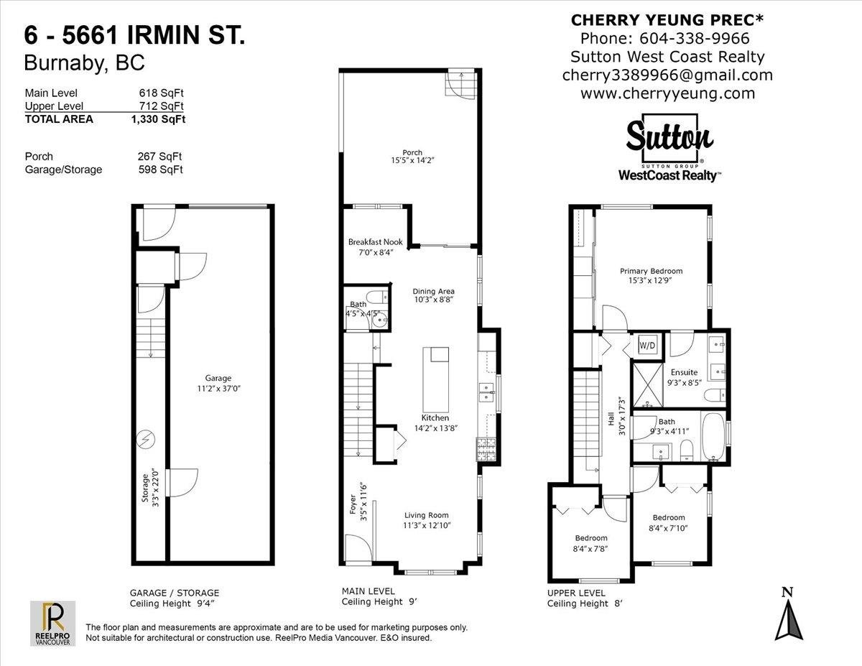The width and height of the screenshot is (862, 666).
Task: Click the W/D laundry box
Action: tap(647, 345)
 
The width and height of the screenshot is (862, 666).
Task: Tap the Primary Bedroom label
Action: tap(651, 271)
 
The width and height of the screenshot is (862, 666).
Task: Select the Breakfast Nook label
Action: tap(375, 241)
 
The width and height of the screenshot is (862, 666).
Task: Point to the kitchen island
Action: tap(435, 379)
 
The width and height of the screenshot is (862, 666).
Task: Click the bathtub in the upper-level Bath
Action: tap(713, 437)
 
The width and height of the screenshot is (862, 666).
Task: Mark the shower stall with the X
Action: tap(648, 385)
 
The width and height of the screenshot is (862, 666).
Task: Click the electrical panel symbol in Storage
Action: tap(146, 439)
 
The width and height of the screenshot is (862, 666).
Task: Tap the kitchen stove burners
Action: tap(486, 449)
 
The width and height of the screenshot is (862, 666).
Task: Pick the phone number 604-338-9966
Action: tap(694, 39)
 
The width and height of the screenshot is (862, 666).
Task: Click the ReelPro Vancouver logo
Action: tap(52, 624)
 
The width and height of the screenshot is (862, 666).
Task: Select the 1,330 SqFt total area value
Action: tap(158, 119)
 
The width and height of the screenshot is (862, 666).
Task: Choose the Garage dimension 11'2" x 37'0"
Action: tap(218, 389)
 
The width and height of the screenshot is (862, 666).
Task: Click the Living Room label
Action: tap(427, 515)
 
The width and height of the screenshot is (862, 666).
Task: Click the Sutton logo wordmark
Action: tap(669, 139)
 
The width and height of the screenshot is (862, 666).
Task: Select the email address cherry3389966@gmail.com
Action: tap(667, 75)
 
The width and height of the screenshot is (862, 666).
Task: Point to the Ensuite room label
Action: tap(684, 372)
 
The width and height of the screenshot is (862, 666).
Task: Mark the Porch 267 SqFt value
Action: tap(160, 157)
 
